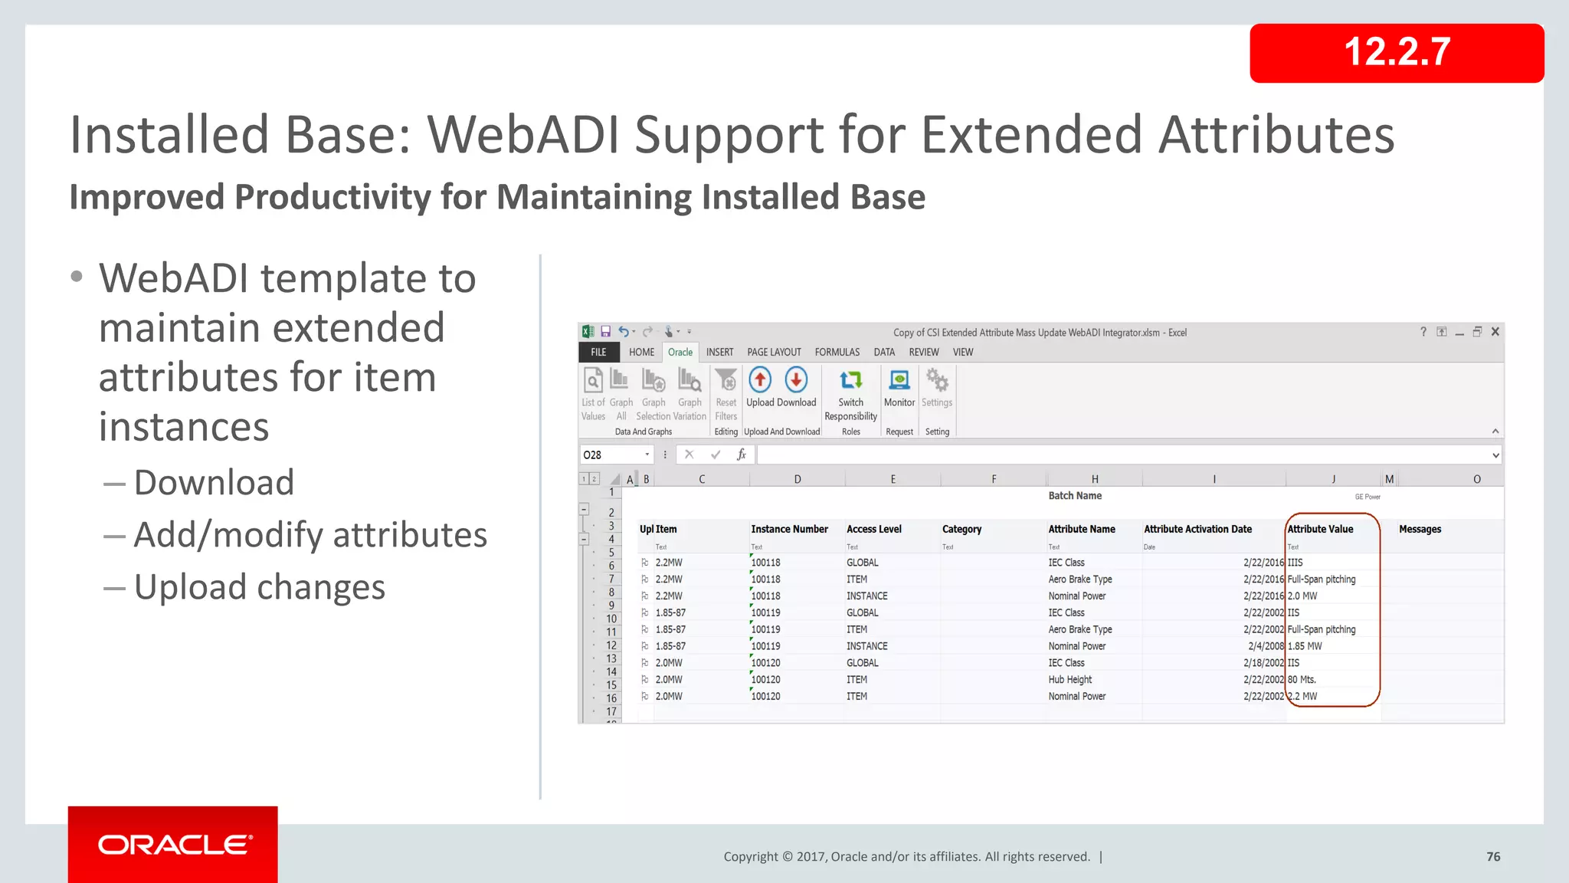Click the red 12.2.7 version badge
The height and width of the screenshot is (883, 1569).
click(x=1396, y=53)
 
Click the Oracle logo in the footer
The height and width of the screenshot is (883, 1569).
click(x=174, y=845)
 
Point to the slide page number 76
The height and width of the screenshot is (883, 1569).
click(x=1493, y=856)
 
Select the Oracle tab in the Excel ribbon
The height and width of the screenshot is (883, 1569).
click(x=680, y=353)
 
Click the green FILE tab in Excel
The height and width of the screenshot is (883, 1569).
click(x=598, y=353)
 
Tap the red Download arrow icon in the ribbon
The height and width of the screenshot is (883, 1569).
click(x=797, y=380)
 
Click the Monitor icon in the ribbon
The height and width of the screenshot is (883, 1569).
click(x=899, y=380)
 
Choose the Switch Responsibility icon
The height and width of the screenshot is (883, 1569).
click(x=850, y=381)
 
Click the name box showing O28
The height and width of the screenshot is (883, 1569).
click(x=614, y=455)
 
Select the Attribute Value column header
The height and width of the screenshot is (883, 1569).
click(x=1320, y=529)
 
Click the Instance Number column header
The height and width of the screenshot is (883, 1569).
click(x=789, y=529)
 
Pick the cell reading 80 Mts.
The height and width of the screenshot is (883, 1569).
click(x=1302, y=680)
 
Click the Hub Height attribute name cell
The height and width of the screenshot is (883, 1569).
click(x=1070, y=680)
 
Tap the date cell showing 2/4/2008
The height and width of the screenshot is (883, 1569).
click(x=1265, y=646)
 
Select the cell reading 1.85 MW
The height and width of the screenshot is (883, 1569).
click(x=1305, y=646)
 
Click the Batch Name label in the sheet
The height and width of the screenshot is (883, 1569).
click(x=1075, y=496)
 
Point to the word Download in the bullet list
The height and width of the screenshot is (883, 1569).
click(x=214, y=483)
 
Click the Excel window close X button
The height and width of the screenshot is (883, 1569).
click(x=1495, y=332)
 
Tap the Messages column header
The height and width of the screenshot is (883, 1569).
click(x=1420, y=529)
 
